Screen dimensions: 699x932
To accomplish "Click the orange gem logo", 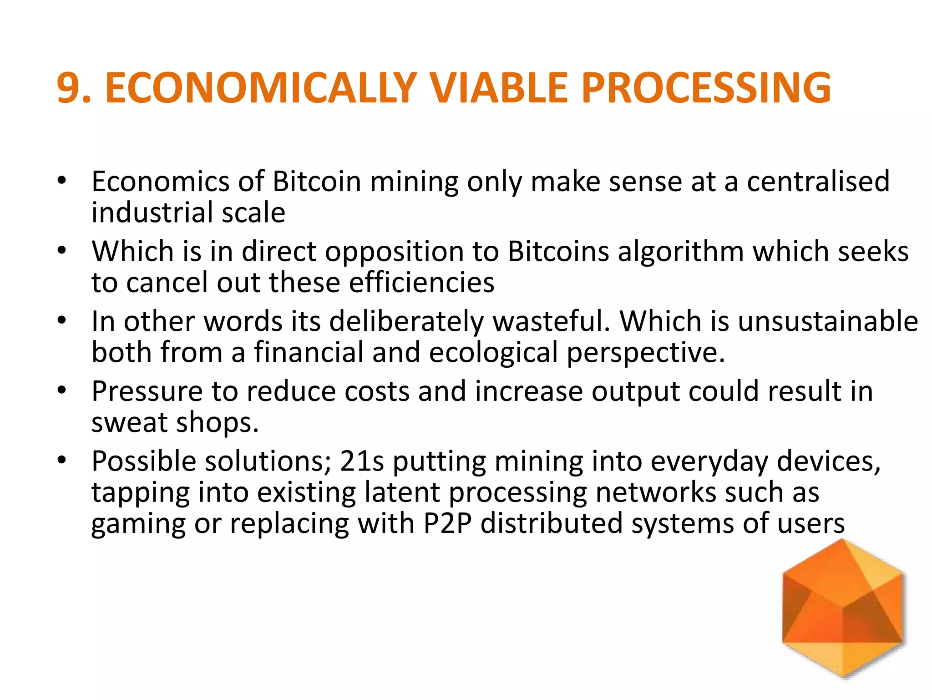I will point(843,608).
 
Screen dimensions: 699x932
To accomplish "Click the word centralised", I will point(818,182).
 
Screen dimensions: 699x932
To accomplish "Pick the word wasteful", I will point(551,321).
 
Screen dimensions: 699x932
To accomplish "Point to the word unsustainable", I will point(828,321).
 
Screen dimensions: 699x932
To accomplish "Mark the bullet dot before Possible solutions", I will point(62,459).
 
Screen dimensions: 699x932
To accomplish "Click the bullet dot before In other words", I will point(62,319).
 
